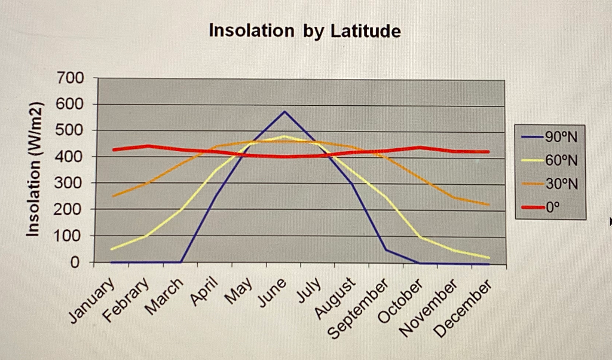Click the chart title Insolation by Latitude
pos(305,31)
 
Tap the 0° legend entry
pos(553,208)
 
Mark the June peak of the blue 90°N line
pos(284,111)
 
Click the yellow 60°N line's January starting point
pos(112,249)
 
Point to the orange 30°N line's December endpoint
pos(488,205)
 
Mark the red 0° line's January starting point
pos(113,150)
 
